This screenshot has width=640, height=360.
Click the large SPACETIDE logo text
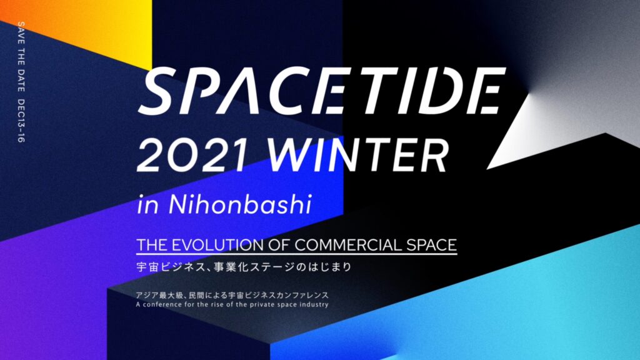click(x=322, y=91)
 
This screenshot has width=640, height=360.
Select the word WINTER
click(x=359, y=156)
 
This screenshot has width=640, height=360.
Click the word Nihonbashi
click(x=240, y=204)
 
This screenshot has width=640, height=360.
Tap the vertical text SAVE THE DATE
click(x=21, y=57)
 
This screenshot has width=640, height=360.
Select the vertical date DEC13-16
click(x=21, y=121)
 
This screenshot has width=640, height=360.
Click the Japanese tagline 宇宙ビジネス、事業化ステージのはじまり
click(x=244, y=267)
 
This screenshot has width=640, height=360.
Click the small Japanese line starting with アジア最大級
click(x=232, y=295)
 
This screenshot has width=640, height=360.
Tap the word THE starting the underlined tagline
click(x=152, y=245)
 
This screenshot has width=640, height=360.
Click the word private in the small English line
click(x=262, y=305)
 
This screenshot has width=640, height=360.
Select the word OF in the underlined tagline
click(x=279, y=245)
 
